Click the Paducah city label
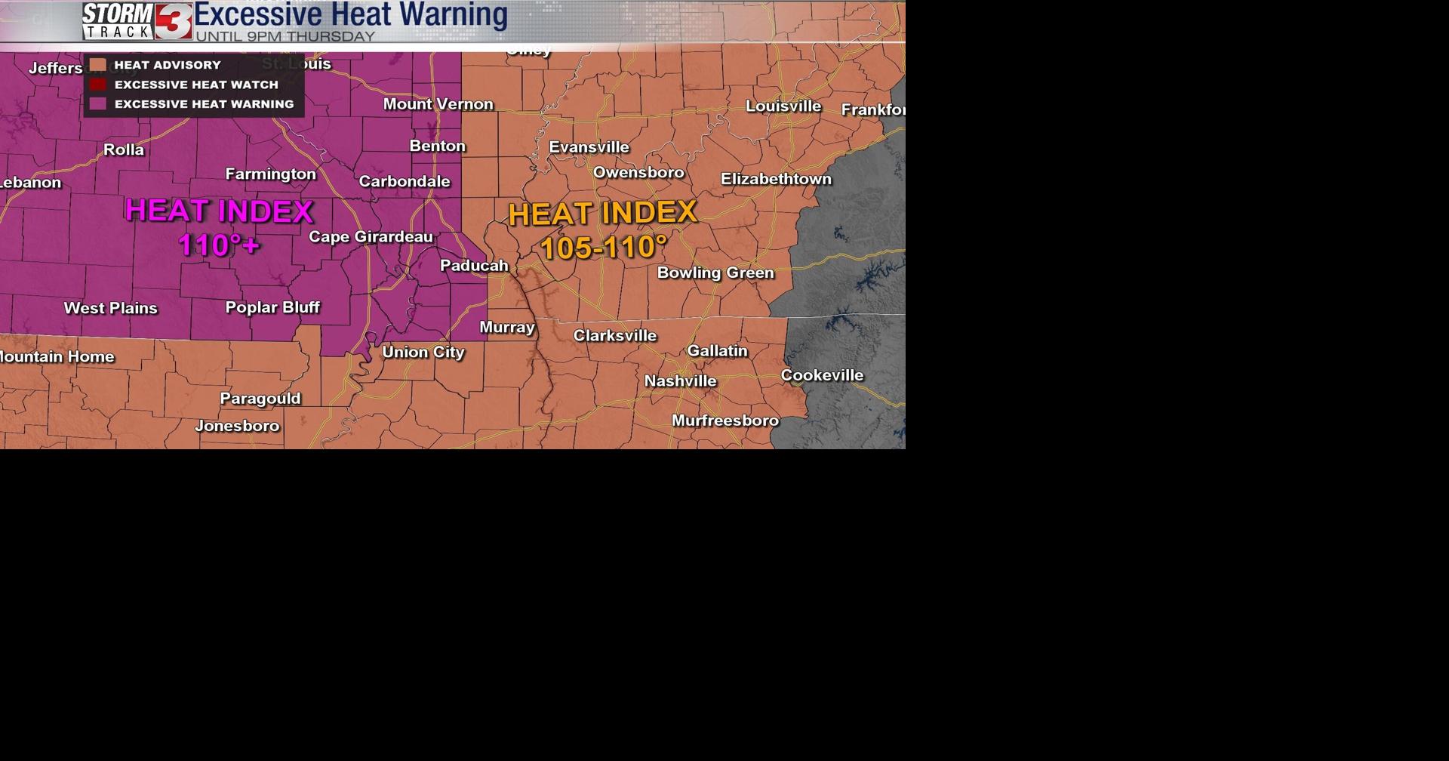click(474, 265)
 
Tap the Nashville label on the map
click(680, 381)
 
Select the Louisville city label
click(783, 106)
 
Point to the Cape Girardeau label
click(371, 236)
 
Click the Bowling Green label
click(715, 273)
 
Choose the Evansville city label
click(589, 147)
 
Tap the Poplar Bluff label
click(272, 307)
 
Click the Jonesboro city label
click(237, 426)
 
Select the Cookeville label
click(822, 375)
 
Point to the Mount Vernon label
click(438, 104)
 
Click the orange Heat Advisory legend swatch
click(97, 65)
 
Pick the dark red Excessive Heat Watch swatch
click(97, 85)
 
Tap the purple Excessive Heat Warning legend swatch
click(97, 104)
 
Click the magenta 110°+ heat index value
click(219, 245)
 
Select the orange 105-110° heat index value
click(604, 248)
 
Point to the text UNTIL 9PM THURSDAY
click(285, 36)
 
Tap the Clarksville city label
click(615, 335)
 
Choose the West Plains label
click(111, 308)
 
